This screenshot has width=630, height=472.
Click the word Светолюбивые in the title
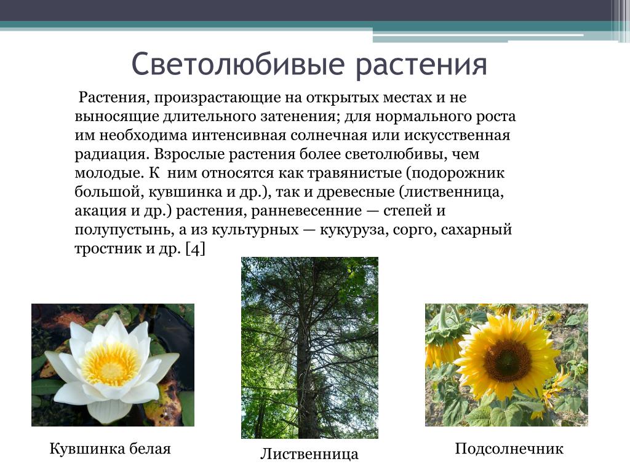pos(238,64)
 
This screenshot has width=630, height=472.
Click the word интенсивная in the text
pos(239,135)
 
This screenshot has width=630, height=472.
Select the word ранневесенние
pos(306,211)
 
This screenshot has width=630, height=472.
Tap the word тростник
pos(107,250)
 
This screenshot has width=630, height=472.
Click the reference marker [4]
pos(195,250)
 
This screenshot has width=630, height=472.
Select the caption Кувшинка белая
pos(110,448)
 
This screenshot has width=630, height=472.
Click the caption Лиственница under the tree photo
pos(309,454)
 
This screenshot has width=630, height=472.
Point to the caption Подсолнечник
pos(509,449)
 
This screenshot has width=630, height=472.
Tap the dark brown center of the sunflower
pos(507,360)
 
